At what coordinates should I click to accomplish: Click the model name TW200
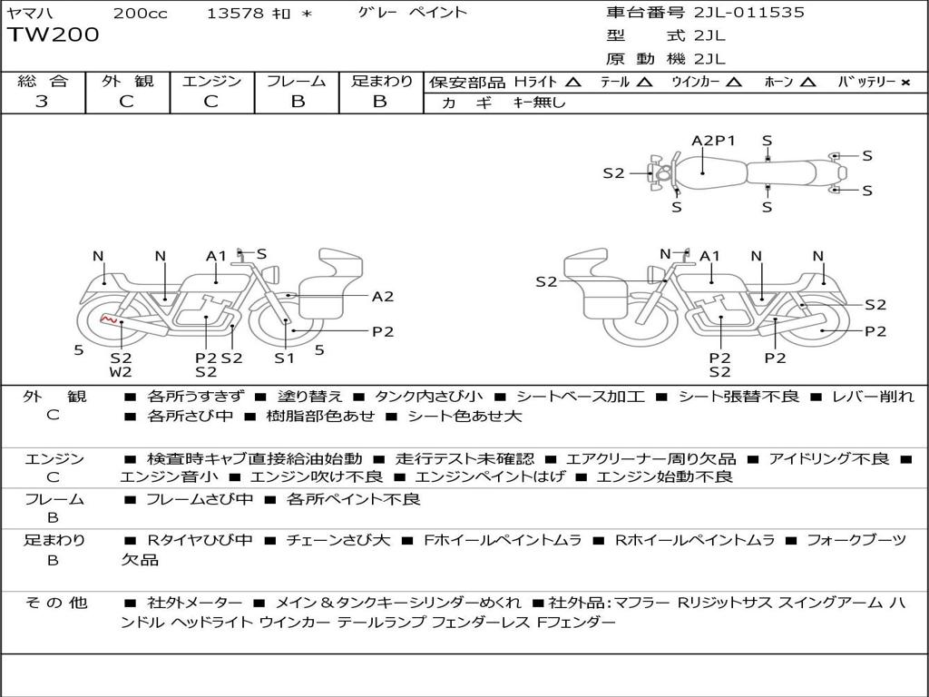pyautogui.click(x=54, y=34)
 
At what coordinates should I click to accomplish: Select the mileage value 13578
pyautogui.click(x=235, y=13)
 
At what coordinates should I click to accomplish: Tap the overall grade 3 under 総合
pyautogui.click(x=42, y=102)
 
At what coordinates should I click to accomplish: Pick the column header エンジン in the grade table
pyautogui.click(x=211, y=81)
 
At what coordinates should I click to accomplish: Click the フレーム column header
pyautogui.click(x=297, y=81)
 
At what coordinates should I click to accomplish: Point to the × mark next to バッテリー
pyautogui.click(x=905, y=83)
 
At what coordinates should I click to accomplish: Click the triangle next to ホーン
pyautogui.click(x=807, y=83)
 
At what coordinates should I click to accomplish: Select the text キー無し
pyautogui.click(x=539, y=103)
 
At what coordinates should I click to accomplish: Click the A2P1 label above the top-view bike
pyautogui.click(x=713, y=141)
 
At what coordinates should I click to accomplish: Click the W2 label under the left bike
pyautogui.click(x=121, y=372)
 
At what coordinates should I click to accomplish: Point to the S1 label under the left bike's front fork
pyautogui.click(x=284, y=358)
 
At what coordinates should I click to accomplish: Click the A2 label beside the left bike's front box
pyautogui.click(x=383, y=297)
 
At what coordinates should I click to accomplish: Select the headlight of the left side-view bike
pyautogui.click(x=272, y=274)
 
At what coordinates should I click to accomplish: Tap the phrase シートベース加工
pyautogui.click(x=580, y=397)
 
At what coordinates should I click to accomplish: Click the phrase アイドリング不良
pyautogui.click(x=829, y=458)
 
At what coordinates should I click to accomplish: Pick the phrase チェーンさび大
pyautogui.click(x=338, y=540)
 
